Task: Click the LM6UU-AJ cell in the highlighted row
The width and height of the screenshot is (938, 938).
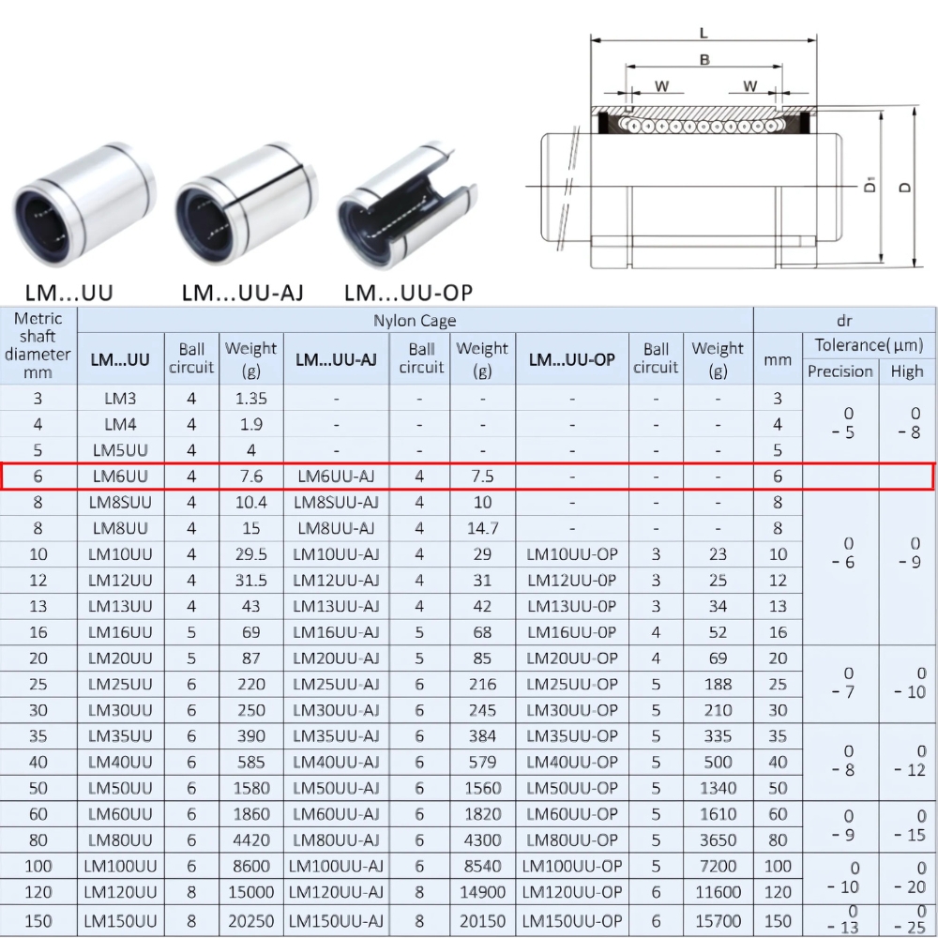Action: pos(336,477)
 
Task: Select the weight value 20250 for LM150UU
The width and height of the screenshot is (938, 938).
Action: pos(250,920)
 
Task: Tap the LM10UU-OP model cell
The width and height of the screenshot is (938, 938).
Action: pos(572,554)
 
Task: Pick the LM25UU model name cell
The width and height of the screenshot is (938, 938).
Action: pos(120,685)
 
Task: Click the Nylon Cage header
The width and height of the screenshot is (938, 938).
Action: pos(415,321)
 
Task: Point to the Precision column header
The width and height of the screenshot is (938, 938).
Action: pos(840,371)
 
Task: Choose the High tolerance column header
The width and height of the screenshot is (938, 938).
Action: pos(907,371)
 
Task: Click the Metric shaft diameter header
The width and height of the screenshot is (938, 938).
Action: pos(38,345)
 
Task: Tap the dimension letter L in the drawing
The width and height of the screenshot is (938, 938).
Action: pos(703,34)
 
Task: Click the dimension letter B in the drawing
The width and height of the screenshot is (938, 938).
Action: pos(703,60)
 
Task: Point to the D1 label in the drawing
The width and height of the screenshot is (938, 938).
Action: pos(870,185)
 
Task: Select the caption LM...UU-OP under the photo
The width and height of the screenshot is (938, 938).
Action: pos(408,293)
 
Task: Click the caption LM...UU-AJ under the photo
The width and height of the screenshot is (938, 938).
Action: pos(242,293)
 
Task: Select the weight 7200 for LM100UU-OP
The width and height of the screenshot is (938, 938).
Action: pos(718,867)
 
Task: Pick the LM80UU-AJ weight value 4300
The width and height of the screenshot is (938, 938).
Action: pos(482,840)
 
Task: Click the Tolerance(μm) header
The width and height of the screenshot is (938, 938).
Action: pos(869,345)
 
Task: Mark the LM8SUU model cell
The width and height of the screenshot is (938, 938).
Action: pos(120,503)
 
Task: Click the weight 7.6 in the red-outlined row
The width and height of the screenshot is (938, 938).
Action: pos(250,477)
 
